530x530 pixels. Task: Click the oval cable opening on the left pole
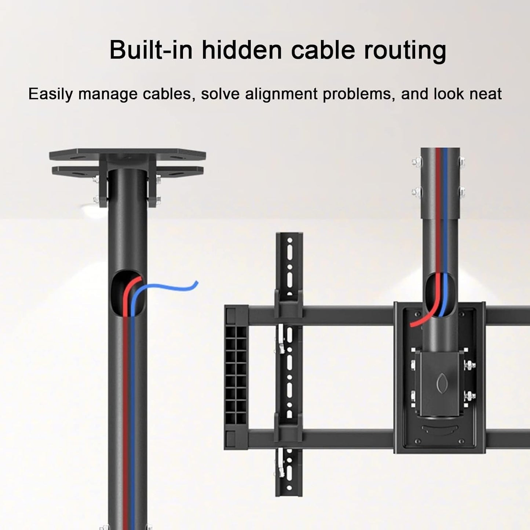coord(128,294)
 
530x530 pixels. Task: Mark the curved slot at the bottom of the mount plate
coord(440,429)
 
